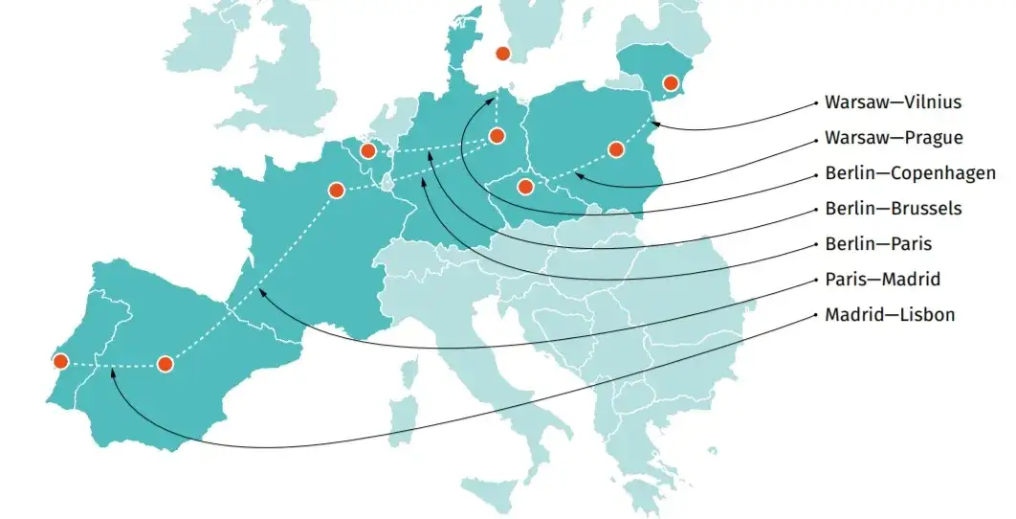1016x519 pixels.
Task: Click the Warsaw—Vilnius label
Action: [x=893, y=102]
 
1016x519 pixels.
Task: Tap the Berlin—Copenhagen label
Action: [x=910, y=174]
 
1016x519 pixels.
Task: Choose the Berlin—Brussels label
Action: [x=893, y=209]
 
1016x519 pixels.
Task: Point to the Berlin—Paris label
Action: [x=878, y=244]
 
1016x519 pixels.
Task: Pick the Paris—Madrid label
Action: [x=882, y=280]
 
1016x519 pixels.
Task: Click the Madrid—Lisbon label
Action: [x=889, y=315]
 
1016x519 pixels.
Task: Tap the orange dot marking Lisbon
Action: [x=60, y=361]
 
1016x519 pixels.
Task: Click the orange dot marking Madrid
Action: [x=166, y=364]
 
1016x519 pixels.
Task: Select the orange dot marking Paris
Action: [x=336, y=190]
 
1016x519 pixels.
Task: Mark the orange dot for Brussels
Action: [x=367, y=151]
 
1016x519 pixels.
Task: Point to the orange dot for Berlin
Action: [x=497, y=136]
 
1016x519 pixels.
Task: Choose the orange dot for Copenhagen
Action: [x=503, y=54]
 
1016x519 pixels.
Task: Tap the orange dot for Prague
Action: [x=524, y=187]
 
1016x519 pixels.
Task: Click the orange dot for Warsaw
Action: [x=616, y=149]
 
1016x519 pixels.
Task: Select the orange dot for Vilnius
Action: [x=670, y=83]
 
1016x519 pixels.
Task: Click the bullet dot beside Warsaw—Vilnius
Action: [x=814, y=102]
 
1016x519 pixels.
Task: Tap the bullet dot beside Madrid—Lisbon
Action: [x=814, y=315]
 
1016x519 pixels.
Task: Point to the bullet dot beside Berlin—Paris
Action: [x=814, y=244]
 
